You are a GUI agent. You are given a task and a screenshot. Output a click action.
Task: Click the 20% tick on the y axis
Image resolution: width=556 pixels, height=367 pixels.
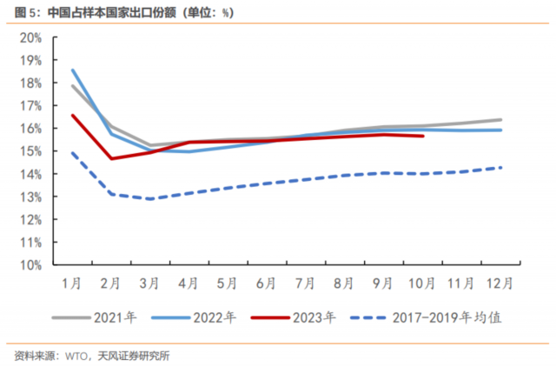(x=30, y=37)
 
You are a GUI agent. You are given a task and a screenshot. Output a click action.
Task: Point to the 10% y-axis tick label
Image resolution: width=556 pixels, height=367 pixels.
(x=30, y=264)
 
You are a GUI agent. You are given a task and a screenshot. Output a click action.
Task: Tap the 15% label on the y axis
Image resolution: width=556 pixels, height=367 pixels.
(x=30, y=151)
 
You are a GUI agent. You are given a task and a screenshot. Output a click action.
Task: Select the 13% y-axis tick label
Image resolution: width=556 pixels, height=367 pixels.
(x=30, y=197)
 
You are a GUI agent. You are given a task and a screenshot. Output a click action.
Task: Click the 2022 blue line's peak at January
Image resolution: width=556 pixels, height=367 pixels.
(x=73, y=70)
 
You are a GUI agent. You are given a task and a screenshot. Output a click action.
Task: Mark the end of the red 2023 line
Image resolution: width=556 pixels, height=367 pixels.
(x=423, y=136)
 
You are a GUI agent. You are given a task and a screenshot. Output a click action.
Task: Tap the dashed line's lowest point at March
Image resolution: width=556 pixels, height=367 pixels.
(x=151, y=199)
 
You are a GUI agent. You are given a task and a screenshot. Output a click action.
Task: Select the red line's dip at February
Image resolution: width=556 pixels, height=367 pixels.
(x=112, y=158)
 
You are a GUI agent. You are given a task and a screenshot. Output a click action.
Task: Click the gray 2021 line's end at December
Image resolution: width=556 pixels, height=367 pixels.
(x=501, y=119)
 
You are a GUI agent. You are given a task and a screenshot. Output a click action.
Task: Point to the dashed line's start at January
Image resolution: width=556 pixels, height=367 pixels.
(x=73, y=153)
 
